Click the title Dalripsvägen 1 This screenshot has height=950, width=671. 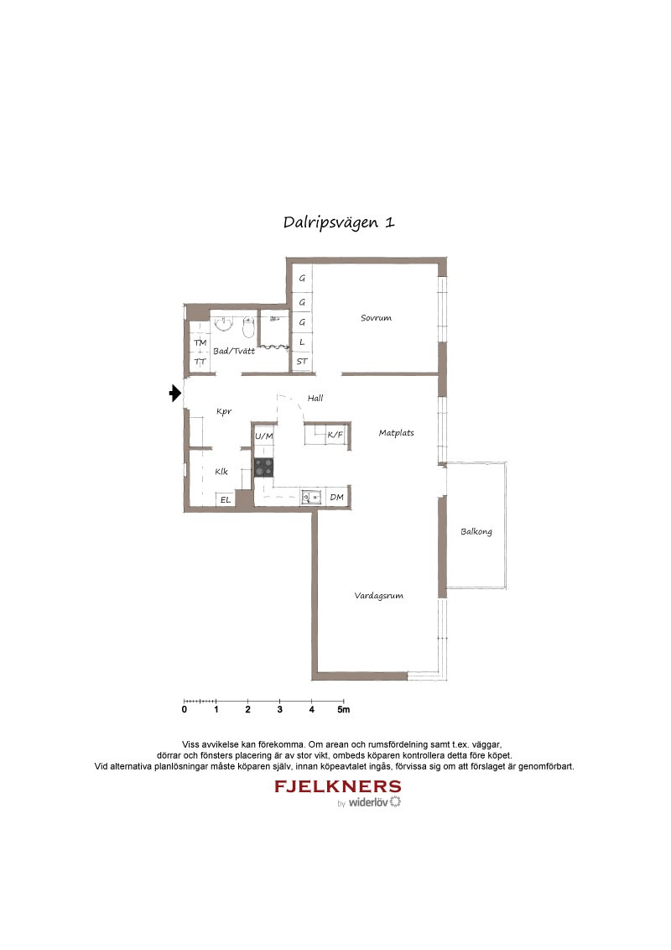tap(339, 222)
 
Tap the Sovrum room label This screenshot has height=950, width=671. tap(376, 317)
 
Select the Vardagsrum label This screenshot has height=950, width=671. tap(378, 596)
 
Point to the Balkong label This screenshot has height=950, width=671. tap(476, 531)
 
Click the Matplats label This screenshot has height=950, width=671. tap(396, 432)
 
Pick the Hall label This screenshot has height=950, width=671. tap(315, 398)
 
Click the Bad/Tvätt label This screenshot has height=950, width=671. tap(234, 351)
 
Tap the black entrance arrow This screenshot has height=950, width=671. tap(175, 394)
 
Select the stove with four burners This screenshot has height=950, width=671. tap(263, 467)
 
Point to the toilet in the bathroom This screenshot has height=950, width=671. tap(247, 328)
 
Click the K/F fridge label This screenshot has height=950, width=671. tap(335, 435)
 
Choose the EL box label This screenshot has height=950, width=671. tap(226, 500)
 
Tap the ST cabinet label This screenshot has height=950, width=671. tap(302, 362)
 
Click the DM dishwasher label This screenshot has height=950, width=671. tap(336, 497)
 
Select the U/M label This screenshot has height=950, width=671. tap(263, 436)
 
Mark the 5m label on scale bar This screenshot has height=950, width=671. tap(343, 709)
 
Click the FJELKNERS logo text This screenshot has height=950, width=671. tap(337, 786)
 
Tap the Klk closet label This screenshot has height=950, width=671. tap(221, 472)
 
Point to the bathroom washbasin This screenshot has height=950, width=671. tap(224, 326)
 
